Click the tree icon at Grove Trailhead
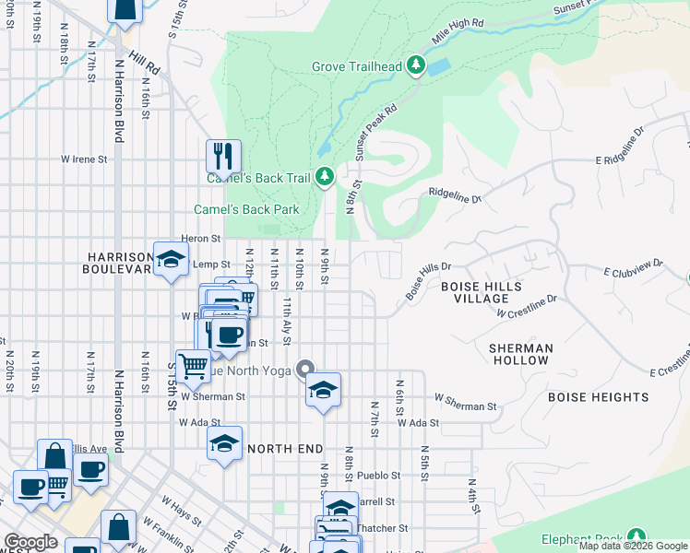coord(416,65)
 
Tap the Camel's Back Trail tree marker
coord(325,176)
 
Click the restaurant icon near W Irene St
coord(223,156)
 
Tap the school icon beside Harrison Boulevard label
coord(171,260)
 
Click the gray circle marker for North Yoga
coord(306,371)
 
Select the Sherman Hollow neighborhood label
coord(521,355)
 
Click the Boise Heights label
coord(599,397)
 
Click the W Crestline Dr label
coord(527,307)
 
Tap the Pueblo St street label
coord(380,476)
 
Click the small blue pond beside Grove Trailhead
coord(437,67)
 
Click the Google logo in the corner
coord(31,542)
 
